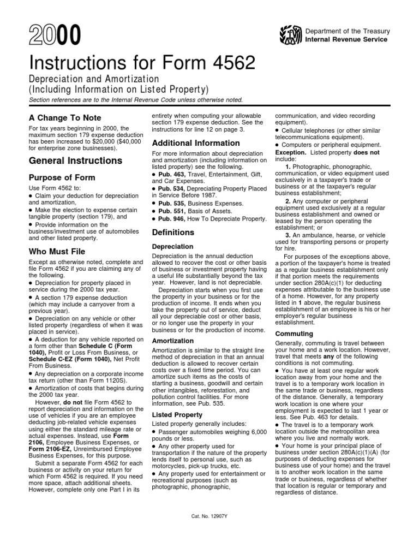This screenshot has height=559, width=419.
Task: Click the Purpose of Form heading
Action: click(62, 178)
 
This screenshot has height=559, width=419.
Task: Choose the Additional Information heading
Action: click(195, 143)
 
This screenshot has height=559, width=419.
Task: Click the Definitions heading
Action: click(173, 233)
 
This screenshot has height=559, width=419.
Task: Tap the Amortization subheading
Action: click(173, 341)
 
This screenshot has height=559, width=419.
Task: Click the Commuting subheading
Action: click(294, 334)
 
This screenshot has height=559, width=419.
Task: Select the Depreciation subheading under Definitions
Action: click(172, 247)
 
